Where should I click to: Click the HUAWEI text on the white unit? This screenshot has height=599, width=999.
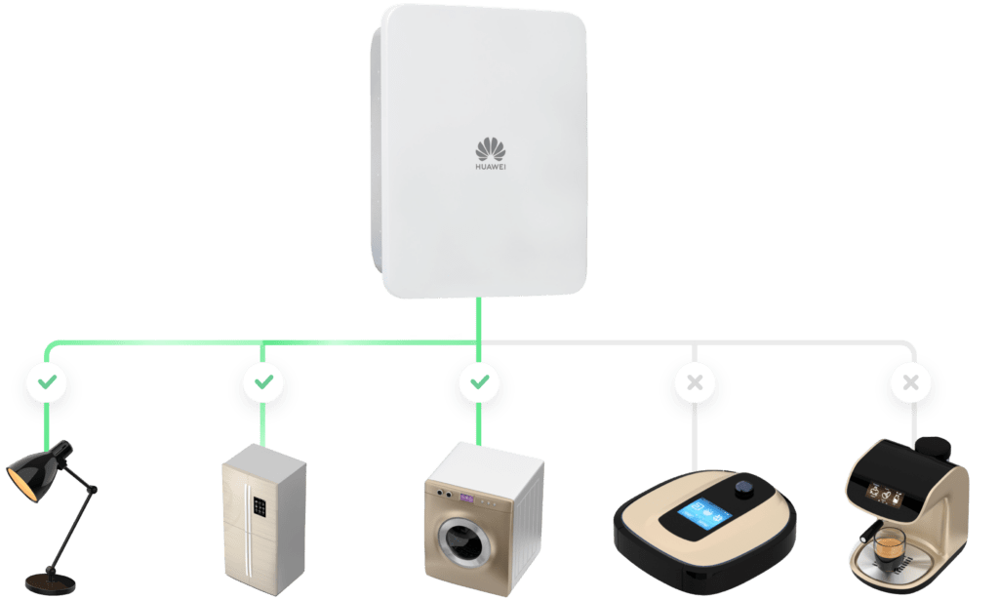(491, 167)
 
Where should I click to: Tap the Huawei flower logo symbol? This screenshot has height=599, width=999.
(491, 149)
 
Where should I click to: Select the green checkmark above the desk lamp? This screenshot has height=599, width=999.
(47, 381)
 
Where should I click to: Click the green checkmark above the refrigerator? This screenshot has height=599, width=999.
(263, 381)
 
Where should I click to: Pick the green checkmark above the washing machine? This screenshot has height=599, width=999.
(480, 381)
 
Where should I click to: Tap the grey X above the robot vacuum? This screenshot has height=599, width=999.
(695, 382)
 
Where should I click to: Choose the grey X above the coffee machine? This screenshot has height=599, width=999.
(911, 382)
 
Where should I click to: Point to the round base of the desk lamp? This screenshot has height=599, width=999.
(50, 582)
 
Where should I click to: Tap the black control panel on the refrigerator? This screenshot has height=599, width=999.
(260, 507)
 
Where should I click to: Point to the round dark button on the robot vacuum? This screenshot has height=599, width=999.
(743, 490)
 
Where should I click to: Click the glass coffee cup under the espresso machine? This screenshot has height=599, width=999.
(890, 546)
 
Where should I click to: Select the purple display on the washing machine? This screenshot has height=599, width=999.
(467, 498)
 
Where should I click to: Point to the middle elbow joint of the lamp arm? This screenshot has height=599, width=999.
(93, 490)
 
